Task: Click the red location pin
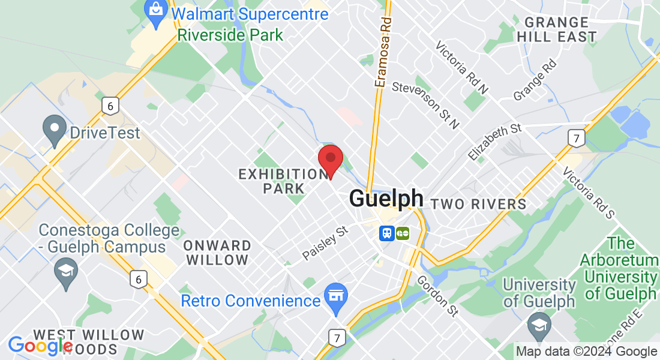tap(330, 159)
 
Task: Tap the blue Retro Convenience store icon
tap(336, 296)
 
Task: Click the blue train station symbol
tap(386, 232)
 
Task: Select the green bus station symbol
tap(402, 232)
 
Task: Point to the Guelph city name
tap(386, 198)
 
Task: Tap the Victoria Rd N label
tap(462, 67)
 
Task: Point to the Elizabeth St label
tap(495, 142)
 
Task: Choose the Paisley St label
tap(325, 242)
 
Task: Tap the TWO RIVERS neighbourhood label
tap(479, 204)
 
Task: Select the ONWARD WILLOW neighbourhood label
tap(217, 253)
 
